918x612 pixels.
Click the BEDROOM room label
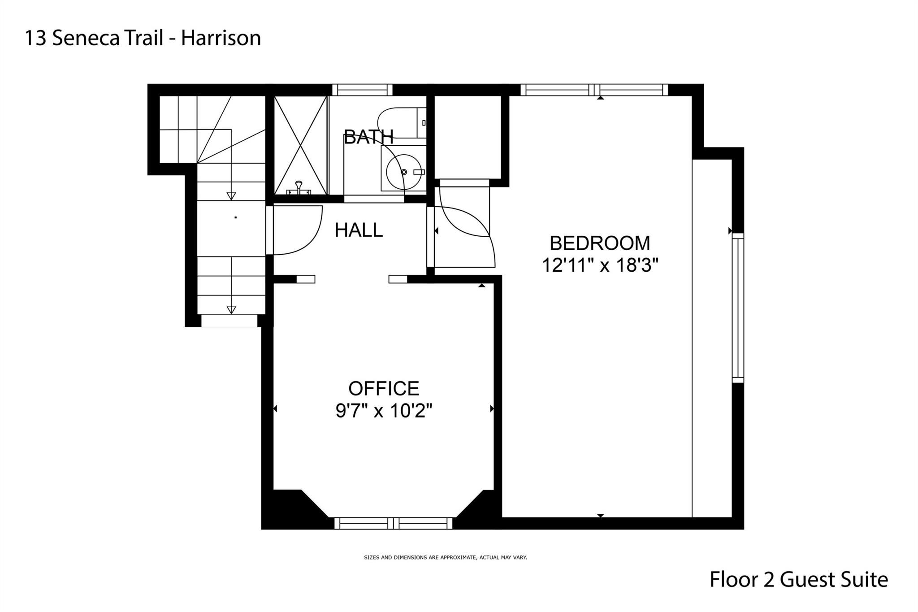coord(600,243)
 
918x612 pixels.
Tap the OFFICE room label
coord(384,388)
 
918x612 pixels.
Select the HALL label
coord(359,230)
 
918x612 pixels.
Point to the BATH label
coord(368,137)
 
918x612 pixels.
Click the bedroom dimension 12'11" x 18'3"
coord(600,265)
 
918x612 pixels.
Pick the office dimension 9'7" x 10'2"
coord(384,410)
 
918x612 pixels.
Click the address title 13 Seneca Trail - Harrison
coord(143,38)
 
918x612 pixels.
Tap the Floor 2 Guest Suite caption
coord(799,580)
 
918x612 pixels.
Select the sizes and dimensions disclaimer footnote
coord(446,558)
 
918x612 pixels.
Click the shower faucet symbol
coord(299,188)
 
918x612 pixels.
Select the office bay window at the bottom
coord(394,523)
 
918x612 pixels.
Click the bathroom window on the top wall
coord(362,90)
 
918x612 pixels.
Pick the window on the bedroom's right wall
coord(738,308)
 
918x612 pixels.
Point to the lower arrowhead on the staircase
coord(231,310)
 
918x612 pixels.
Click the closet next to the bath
coord(468,137)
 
